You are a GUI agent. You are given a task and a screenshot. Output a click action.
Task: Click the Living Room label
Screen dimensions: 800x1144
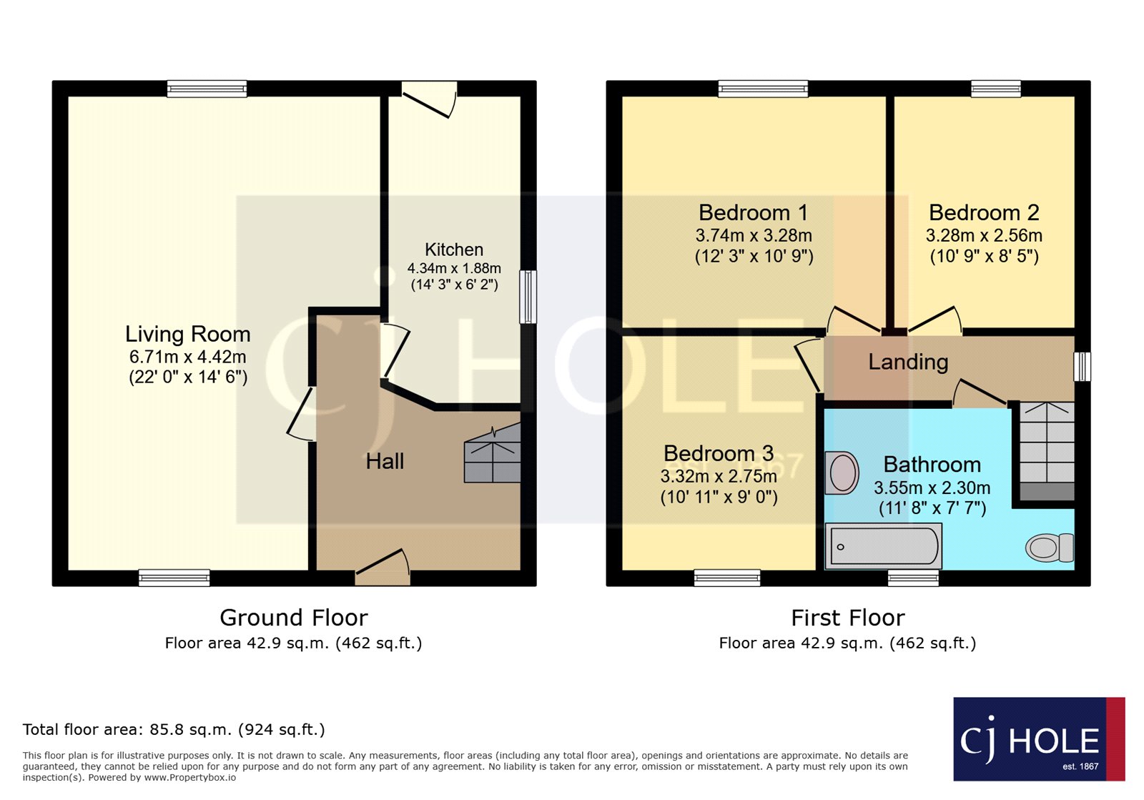coord(187,334)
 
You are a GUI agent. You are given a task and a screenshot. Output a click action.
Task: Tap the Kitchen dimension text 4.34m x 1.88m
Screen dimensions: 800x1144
coord(454,269)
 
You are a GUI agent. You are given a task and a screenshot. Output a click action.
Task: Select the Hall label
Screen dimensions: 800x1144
coord(385,462)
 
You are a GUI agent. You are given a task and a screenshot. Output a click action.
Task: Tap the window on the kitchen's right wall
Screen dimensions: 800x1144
coord(528,296)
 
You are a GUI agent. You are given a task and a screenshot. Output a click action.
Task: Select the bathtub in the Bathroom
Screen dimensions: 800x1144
coord(883,546)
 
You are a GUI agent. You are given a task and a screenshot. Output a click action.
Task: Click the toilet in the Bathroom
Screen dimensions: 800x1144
coord(1049,548)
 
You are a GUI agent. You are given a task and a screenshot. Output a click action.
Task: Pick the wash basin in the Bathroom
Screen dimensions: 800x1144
coord(842,473)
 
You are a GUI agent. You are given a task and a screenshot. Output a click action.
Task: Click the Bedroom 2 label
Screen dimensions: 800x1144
coord(984,212)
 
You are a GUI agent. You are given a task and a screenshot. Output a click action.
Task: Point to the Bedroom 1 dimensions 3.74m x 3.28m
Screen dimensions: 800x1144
coord(754,235)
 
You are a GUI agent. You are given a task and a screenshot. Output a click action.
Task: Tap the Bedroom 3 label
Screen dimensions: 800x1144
coord(719,453)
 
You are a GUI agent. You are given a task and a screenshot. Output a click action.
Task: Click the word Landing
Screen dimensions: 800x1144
coord(908,362)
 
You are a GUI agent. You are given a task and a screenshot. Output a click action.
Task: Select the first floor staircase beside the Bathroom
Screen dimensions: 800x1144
coord(1047,450)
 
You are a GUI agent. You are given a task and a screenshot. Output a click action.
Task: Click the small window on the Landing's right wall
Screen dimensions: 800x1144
coord(1083,366)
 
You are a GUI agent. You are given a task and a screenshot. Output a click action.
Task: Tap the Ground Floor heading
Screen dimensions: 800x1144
coord(293,617)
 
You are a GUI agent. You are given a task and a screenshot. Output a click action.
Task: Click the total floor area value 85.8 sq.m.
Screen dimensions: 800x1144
coord(190,730)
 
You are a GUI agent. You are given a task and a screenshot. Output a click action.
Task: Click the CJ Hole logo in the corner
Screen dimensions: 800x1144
coord(1038,739)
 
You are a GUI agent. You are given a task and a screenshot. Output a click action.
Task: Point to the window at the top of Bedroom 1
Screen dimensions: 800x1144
coord(763,89)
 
